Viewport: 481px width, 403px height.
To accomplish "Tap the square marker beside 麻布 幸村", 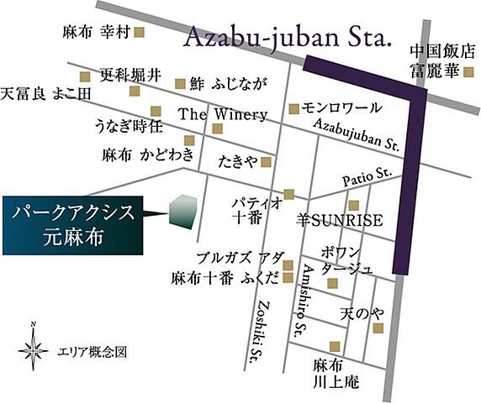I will click(x=140, y=33).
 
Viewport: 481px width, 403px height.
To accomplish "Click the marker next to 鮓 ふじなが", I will click(x=179, y=83).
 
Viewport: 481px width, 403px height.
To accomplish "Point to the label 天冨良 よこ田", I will click(x=46, y=93).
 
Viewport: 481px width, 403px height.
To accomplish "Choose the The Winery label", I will click(x=223, y=114).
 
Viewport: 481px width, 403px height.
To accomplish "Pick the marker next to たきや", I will click(x=266, y=161).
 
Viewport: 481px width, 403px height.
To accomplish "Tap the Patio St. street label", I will click(x=367, y=177).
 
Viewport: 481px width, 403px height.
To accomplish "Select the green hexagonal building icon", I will click(x=182, y=212).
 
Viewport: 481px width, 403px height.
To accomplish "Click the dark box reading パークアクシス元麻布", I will click(x=73, y=224).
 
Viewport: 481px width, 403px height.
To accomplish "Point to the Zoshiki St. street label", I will click(x=263, y=330).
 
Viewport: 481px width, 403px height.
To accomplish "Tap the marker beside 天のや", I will click(x=378, y=327).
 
